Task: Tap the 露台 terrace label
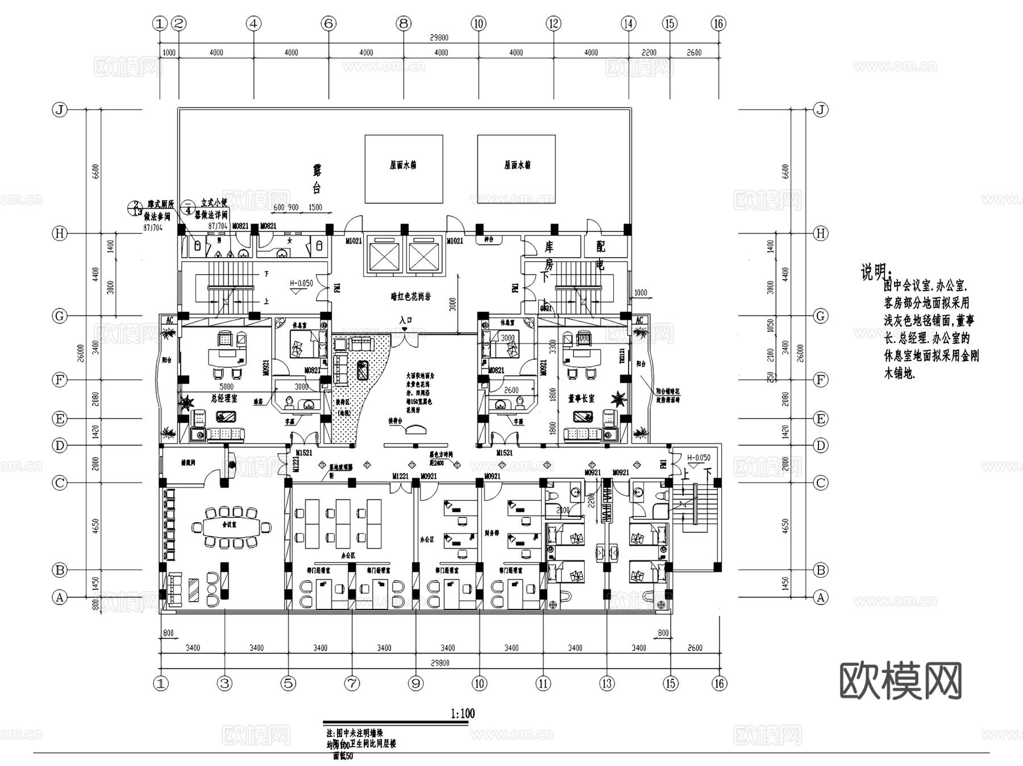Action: (x=317, y=179)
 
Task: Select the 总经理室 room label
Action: (x=224, y=399)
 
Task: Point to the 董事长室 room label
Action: (x=581, y=399)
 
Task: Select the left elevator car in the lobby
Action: (x=385, y=254)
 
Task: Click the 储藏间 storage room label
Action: (x=188, y=463)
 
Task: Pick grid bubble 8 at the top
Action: (x=404, y=23)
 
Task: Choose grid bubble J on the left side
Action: (x=60, y=110)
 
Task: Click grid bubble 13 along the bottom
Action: (x=607, y=683)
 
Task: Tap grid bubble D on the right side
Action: (x=820, y=445)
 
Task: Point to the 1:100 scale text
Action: (x=462, y=713)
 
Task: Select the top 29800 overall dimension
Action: (x=439, y=38)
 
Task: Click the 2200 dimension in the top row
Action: (x=648, y=52)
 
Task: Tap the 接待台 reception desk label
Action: (x=396, y=421)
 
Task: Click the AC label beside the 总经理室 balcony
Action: (x=169, y=320)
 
